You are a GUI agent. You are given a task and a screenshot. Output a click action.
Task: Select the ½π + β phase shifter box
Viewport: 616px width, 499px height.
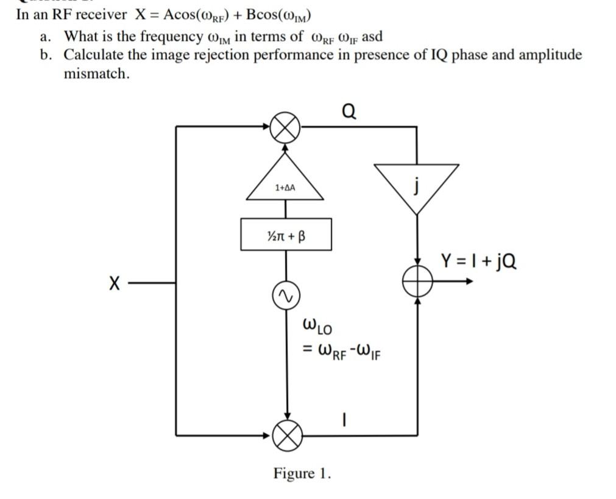tap(286, 235)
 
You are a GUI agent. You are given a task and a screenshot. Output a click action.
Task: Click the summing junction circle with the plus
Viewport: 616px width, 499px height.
tap(417, 281)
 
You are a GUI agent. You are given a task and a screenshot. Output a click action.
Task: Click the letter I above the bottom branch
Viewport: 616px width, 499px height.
tap(345, 420)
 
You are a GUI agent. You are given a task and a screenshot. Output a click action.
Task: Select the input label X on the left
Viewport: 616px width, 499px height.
tap(114, 283)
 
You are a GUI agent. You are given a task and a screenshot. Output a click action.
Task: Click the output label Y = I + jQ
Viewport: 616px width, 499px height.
tap(479, 261)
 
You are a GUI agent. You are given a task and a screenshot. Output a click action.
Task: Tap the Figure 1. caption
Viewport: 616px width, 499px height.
tap(302, 473)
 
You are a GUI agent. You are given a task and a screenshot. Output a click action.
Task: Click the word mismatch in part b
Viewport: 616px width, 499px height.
tap(97, 74)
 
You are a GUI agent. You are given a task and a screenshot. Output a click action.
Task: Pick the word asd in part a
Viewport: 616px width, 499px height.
tap(372, 37)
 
